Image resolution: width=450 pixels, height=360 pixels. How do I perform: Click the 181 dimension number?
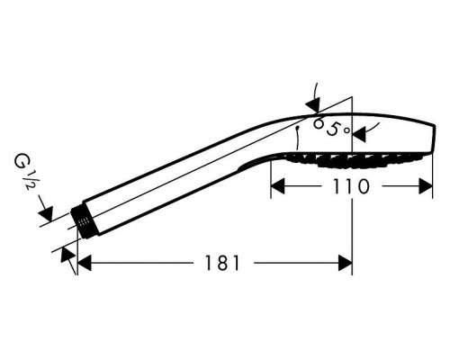click(x=222, y=263)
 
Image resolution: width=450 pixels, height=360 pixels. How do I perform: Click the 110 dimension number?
click(x=351, y=186)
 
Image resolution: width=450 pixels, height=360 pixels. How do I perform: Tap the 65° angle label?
click(x=331, y=128)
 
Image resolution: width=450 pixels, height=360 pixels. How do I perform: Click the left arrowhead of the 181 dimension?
click(x=85, y=263)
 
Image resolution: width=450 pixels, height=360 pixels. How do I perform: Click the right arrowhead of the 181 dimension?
click(x=345, y=263)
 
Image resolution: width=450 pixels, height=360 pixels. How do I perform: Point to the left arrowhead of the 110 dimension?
click(x=277, y=186)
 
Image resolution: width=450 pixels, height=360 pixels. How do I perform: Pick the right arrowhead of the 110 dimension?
click(x=426, y=186)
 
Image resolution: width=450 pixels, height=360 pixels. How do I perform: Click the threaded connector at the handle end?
click(x=83, y=220)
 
